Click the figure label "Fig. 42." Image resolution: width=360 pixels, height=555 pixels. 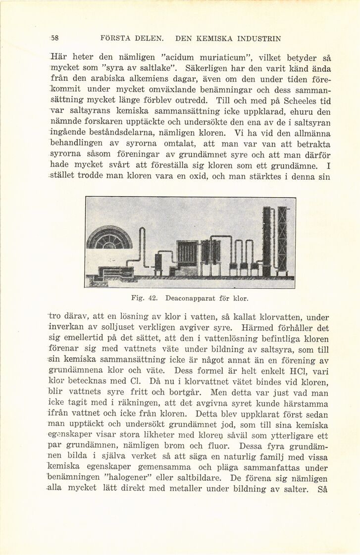pyautogui.click(x=144, y=299)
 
